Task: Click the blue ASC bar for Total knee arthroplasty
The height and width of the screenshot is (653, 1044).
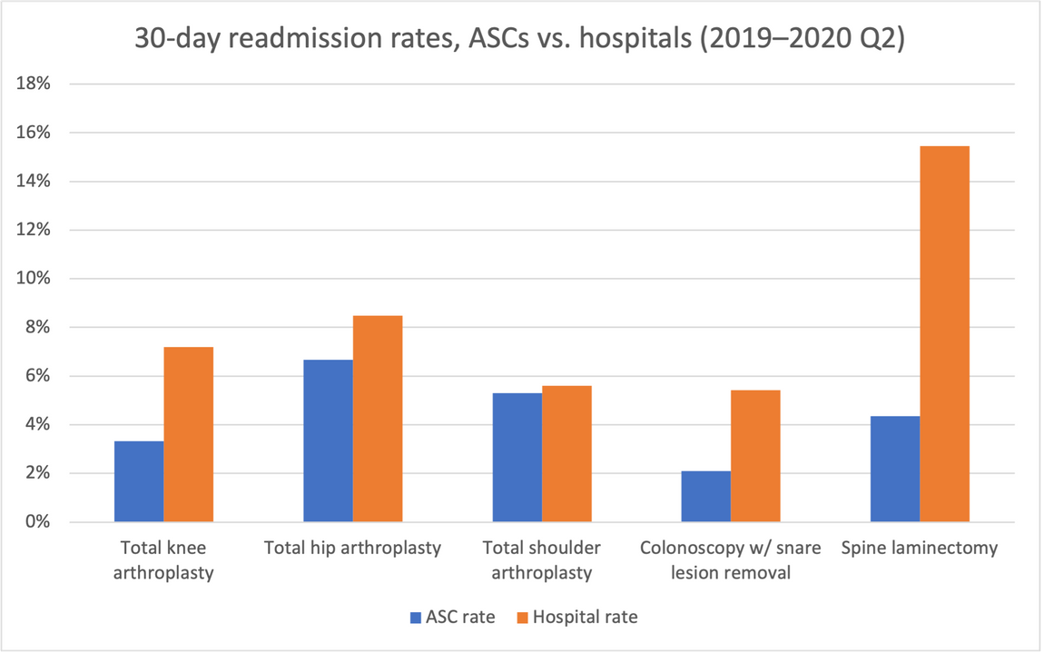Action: (x=139, y=481)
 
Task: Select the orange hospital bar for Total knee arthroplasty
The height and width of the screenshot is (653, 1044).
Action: (x=189, y=434)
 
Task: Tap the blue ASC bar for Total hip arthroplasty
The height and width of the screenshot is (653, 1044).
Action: (x=328, y=440)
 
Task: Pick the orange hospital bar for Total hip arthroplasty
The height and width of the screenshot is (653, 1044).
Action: (x=378, y=419)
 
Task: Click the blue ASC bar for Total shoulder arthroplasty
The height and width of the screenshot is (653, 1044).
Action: (x=517, y=458)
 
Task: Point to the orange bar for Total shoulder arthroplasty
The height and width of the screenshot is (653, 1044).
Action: (x=566, y=454)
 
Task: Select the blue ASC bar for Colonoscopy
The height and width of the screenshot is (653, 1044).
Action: (x=705, y=496)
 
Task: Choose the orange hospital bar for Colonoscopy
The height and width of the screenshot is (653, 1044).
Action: (x=755, y=456)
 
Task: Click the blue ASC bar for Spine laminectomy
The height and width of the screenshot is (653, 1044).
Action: (x=894, y=469)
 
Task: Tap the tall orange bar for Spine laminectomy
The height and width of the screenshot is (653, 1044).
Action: (x=944, y=334)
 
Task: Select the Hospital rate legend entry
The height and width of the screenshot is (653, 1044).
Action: (x=576, y=618)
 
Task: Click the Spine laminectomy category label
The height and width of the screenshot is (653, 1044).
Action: (x=919, y=549)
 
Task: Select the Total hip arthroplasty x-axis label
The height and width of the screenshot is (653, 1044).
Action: (x=352, y=549)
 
